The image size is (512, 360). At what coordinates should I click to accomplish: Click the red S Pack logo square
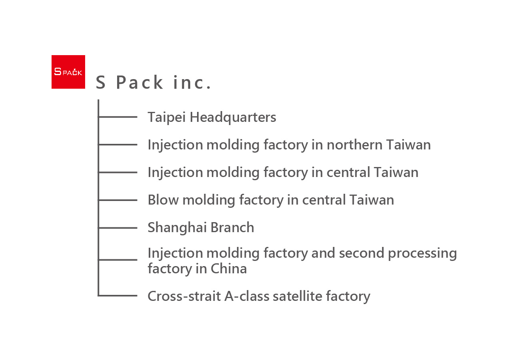68,72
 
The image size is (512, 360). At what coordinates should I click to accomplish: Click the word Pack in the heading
139,82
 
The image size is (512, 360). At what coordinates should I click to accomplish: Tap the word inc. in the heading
192,82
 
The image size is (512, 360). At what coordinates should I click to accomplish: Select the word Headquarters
233,117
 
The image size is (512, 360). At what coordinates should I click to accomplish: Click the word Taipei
167,117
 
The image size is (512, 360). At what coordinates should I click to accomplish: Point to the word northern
355,145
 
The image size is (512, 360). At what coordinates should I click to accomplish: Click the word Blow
163,200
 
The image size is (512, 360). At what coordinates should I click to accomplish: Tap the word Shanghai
177,228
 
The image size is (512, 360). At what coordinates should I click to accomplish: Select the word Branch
232,227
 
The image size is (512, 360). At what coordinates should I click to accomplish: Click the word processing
422,254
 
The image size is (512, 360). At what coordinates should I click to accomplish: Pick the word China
229,269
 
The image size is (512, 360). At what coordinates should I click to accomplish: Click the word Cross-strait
184,296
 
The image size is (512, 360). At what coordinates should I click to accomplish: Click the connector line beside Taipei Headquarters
118,117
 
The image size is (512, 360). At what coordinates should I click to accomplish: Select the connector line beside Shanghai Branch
118,228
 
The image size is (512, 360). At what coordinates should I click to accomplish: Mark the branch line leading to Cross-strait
118,296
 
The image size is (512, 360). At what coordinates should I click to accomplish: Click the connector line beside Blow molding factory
118,200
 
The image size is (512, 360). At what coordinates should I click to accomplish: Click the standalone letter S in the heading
101,82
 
